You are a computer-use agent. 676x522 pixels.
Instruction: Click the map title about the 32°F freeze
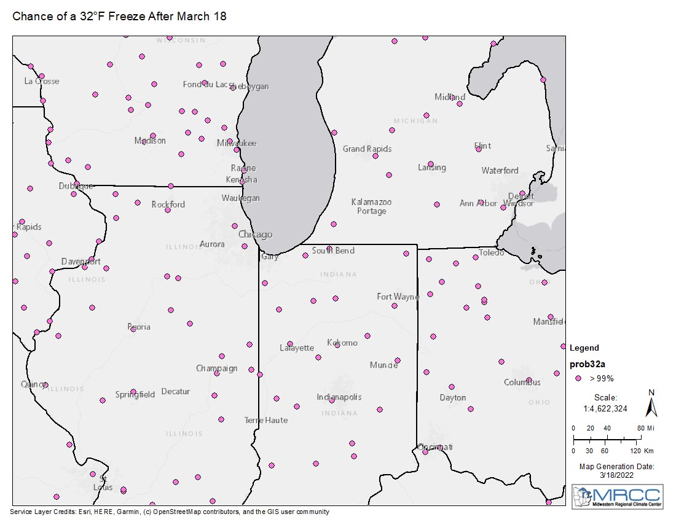(120, 17)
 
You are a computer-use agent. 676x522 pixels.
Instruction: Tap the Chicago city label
(255, 235)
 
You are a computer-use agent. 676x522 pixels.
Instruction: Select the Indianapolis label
(339, 397)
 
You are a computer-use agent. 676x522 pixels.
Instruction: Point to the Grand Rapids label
(367, 149)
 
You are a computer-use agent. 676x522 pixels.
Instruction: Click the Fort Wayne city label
(398, 297)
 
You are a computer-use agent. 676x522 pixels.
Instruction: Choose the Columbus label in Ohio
(522, 382)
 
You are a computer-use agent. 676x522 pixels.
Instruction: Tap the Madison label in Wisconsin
(150, 141)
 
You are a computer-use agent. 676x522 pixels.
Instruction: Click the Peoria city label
(139, 327)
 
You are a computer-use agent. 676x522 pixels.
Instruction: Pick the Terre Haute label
(266, 420)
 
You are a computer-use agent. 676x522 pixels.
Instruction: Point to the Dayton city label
(453, 397)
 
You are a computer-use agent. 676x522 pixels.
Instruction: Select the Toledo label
(492, 252)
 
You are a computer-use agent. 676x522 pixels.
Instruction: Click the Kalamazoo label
(371, 201)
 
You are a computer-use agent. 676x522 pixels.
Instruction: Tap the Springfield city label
(135, 394)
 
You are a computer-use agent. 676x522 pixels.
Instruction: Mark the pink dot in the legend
(578, 378)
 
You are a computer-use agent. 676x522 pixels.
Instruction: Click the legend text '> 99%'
(602, 378)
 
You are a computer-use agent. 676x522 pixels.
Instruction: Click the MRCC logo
(617, 496)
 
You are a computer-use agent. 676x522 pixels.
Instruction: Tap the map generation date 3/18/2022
(616, 475)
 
